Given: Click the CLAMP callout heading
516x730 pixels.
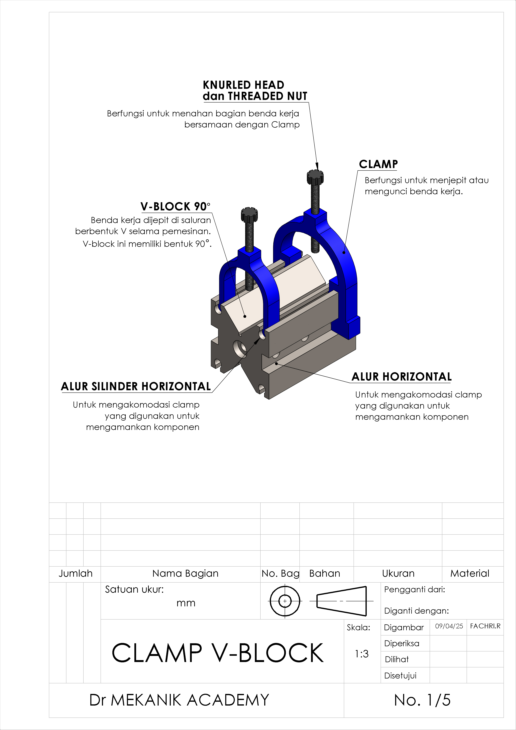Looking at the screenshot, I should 378,164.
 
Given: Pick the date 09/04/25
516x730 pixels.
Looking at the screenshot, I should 449,626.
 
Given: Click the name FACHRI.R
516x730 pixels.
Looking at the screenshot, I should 485,626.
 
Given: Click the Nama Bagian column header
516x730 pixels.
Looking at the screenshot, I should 185,573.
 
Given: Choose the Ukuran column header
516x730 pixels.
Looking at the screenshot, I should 398,573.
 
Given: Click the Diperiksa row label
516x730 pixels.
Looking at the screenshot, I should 402,643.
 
